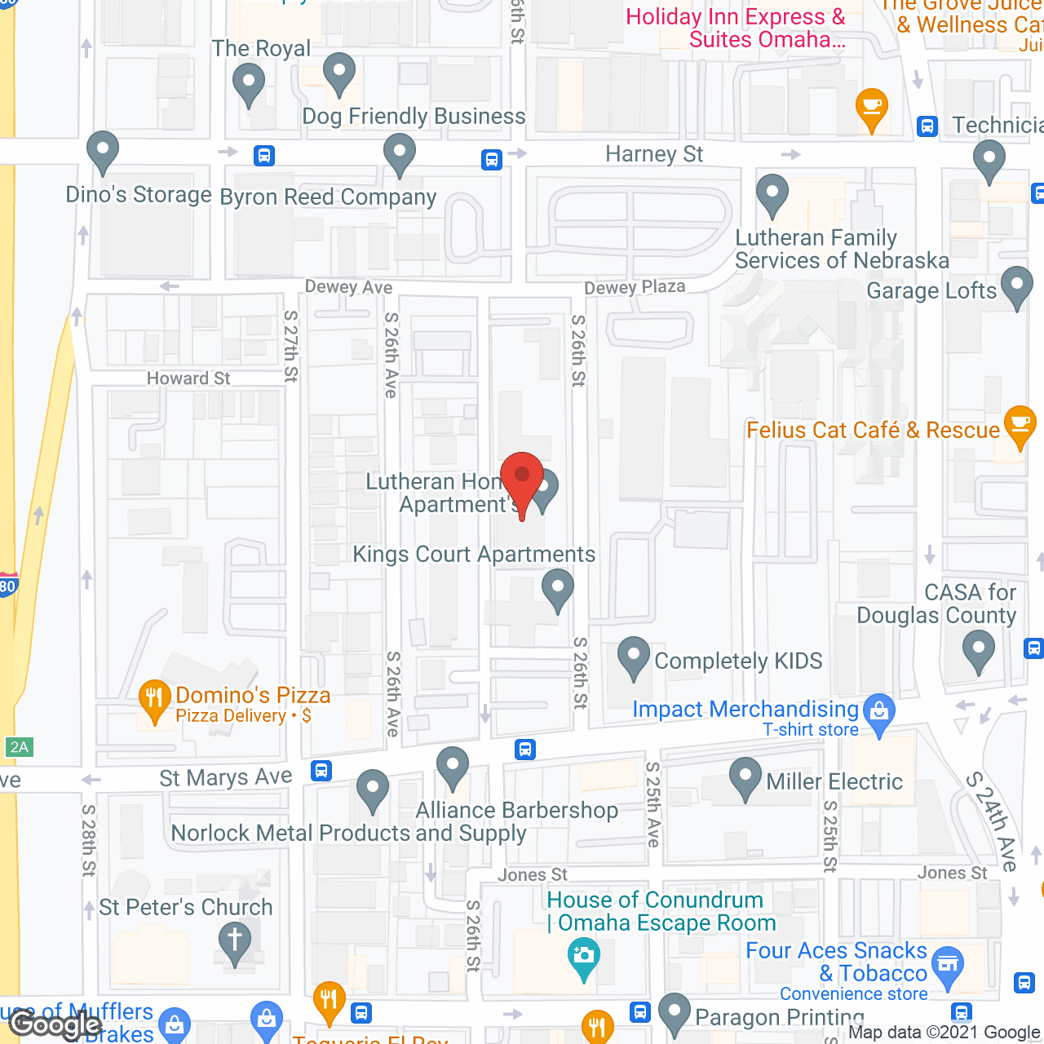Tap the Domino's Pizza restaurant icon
tap(154, 698)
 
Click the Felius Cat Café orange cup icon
tap(1020, 425)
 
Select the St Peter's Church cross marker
tap(235, 941)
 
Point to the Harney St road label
tap(654, 154)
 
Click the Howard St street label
tap(188, 378)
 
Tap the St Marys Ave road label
tap(226, 777)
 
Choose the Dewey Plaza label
tap(635, 287)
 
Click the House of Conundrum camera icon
tap(583, 955)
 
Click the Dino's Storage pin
tap(103, 150)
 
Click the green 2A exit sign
tap(19, 747)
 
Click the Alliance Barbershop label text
tap(517, 810)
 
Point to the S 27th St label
tap(291, 346)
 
